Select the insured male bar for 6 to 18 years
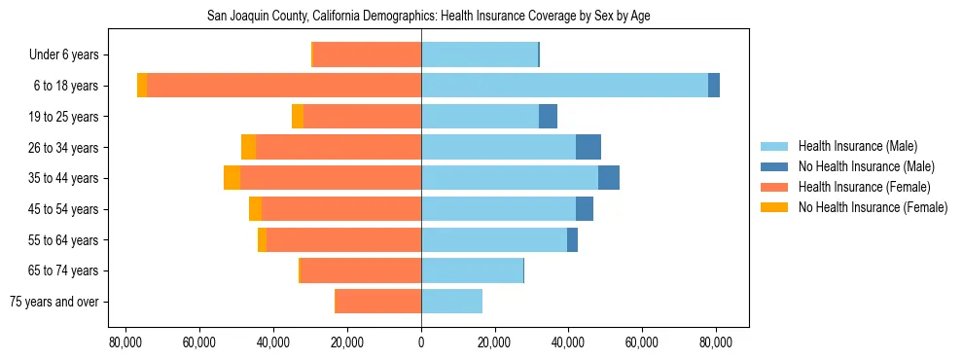point(564,86)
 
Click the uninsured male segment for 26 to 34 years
point(588,147)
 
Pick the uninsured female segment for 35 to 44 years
point(232,178)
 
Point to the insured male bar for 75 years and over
point(451,302)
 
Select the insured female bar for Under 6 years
point(367,54)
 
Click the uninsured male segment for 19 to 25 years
point(548,117)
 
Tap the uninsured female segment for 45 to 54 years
point(255,209)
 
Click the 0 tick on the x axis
point(421,342)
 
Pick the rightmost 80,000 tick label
point(716,342)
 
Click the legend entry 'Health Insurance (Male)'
point(857,146)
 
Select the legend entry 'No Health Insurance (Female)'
point(873,207)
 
